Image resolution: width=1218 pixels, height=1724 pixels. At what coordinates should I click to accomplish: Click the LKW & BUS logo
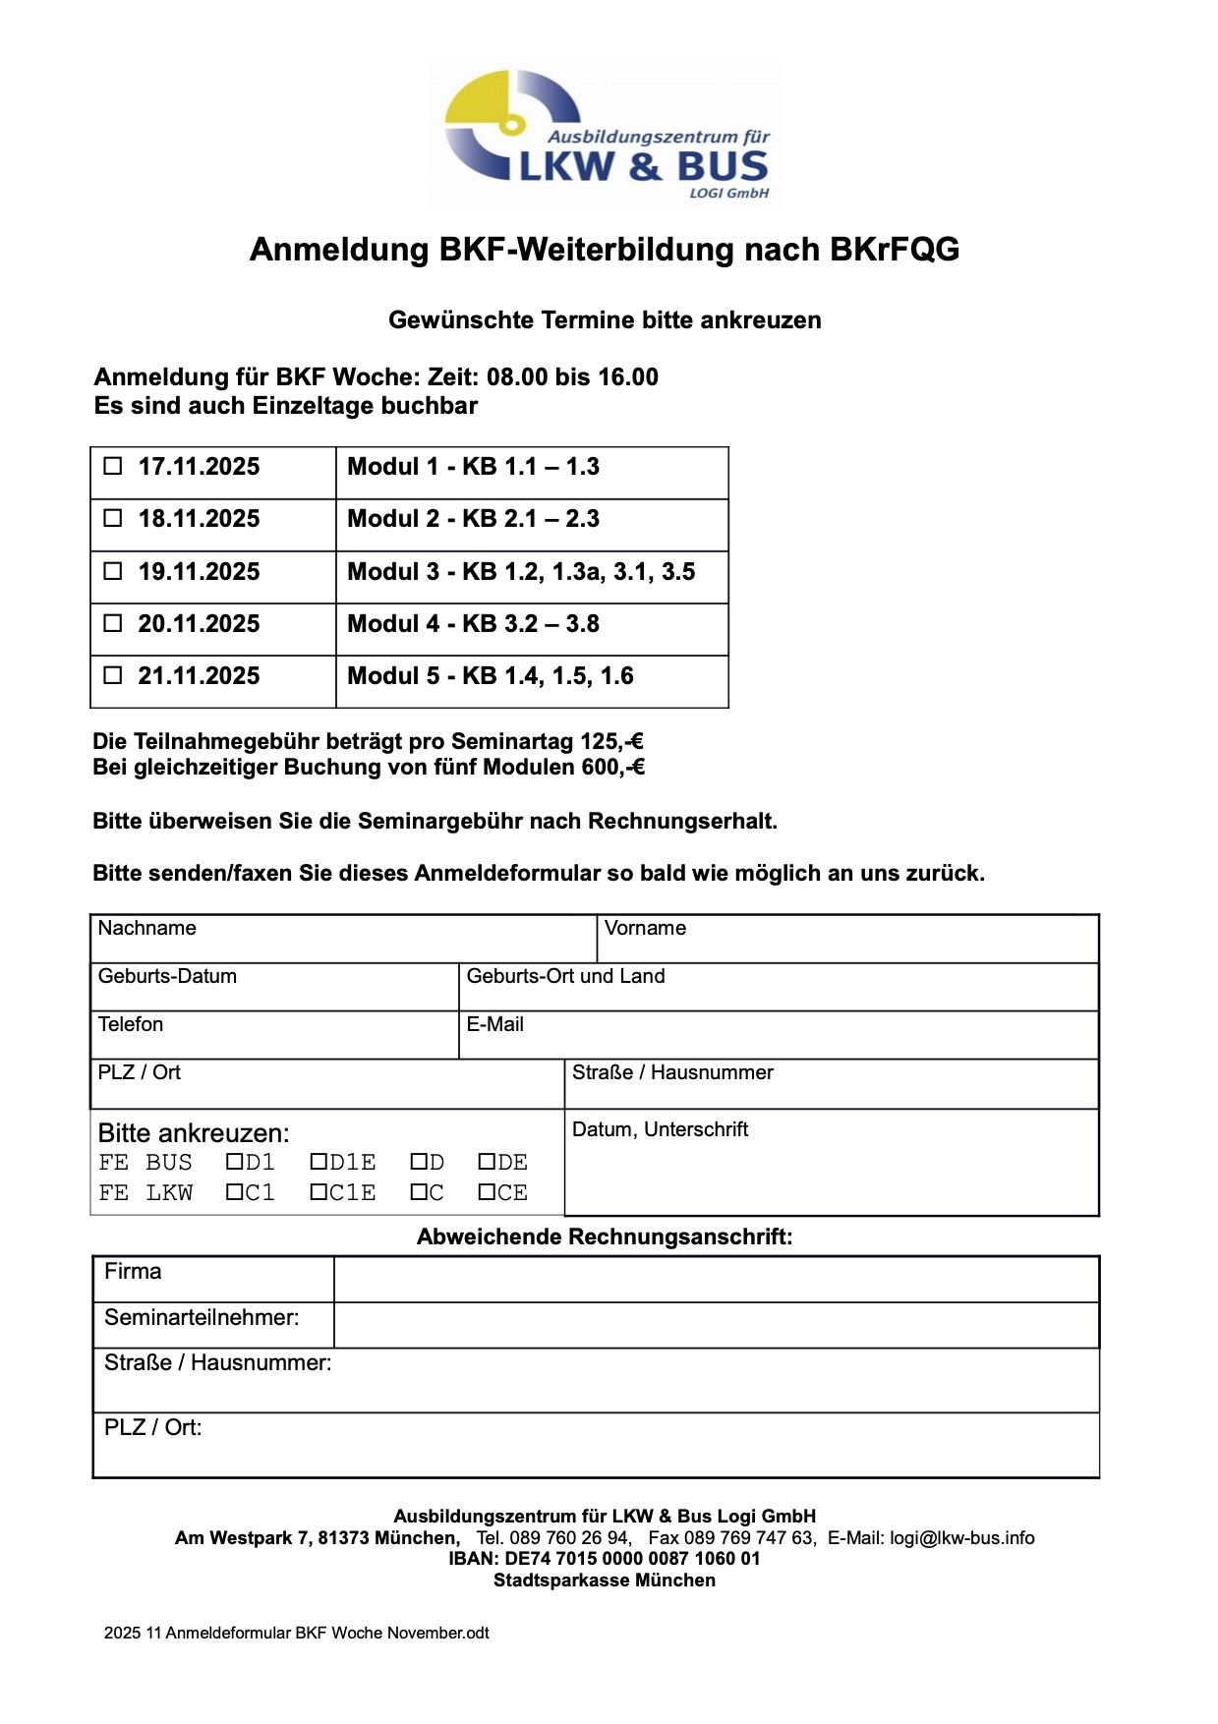point(607,134)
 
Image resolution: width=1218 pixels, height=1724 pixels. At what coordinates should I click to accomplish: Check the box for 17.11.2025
point(113,466)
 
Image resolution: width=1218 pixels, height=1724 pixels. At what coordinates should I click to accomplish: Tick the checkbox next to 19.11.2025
point(113,570)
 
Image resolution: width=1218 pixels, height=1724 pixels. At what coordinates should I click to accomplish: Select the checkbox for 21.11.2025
point(113,675)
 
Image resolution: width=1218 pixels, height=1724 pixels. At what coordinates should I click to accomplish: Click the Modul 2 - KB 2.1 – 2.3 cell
point(473,519)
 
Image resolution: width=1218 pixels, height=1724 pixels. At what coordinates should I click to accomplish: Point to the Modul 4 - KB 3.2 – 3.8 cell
point(473,624)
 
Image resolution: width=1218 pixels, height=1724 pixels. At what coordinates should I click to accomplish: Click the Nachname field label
point(146,928)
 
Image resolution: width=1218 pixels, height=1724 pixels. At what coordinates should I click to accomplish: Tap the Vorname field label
point(645,928)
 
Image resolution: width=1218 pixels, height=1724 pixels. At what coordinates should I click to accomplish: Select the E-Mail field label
point(494,1024)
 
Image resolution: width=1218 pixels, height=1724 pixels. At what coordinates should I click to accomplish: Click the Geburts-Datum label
point(167,976)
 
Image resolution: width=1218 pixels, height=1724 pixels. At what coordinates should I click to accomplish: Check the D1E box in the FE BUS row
point(319,1162)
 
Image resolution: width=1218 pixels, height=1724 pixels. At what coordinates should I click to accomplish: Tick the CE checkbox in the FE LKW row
point(487,1192)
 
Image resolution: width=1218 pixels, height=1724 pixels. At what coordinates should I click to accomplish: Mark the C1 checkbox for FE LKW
point(234,1192)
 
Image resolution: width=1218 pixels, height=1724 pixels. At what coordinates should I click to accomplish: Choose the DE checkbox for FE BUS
point(487,1162)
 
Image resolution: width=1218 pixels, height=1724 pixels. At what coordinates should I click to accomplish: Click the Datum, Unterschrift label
point(660,1129)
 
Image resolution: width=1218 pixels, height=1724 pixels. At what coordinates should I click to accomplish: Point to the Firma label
point(133,1271)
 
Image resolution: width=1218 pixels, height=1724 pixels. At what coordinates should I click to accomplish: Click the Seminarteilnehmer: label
point(202,1317)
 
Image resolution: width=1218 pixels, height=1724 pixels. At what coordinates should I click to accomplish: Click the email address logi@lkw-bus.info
point(961,1538)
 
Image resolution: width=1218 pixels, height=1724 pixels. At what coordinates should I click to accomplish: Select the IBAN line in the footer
point(605,1559)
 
